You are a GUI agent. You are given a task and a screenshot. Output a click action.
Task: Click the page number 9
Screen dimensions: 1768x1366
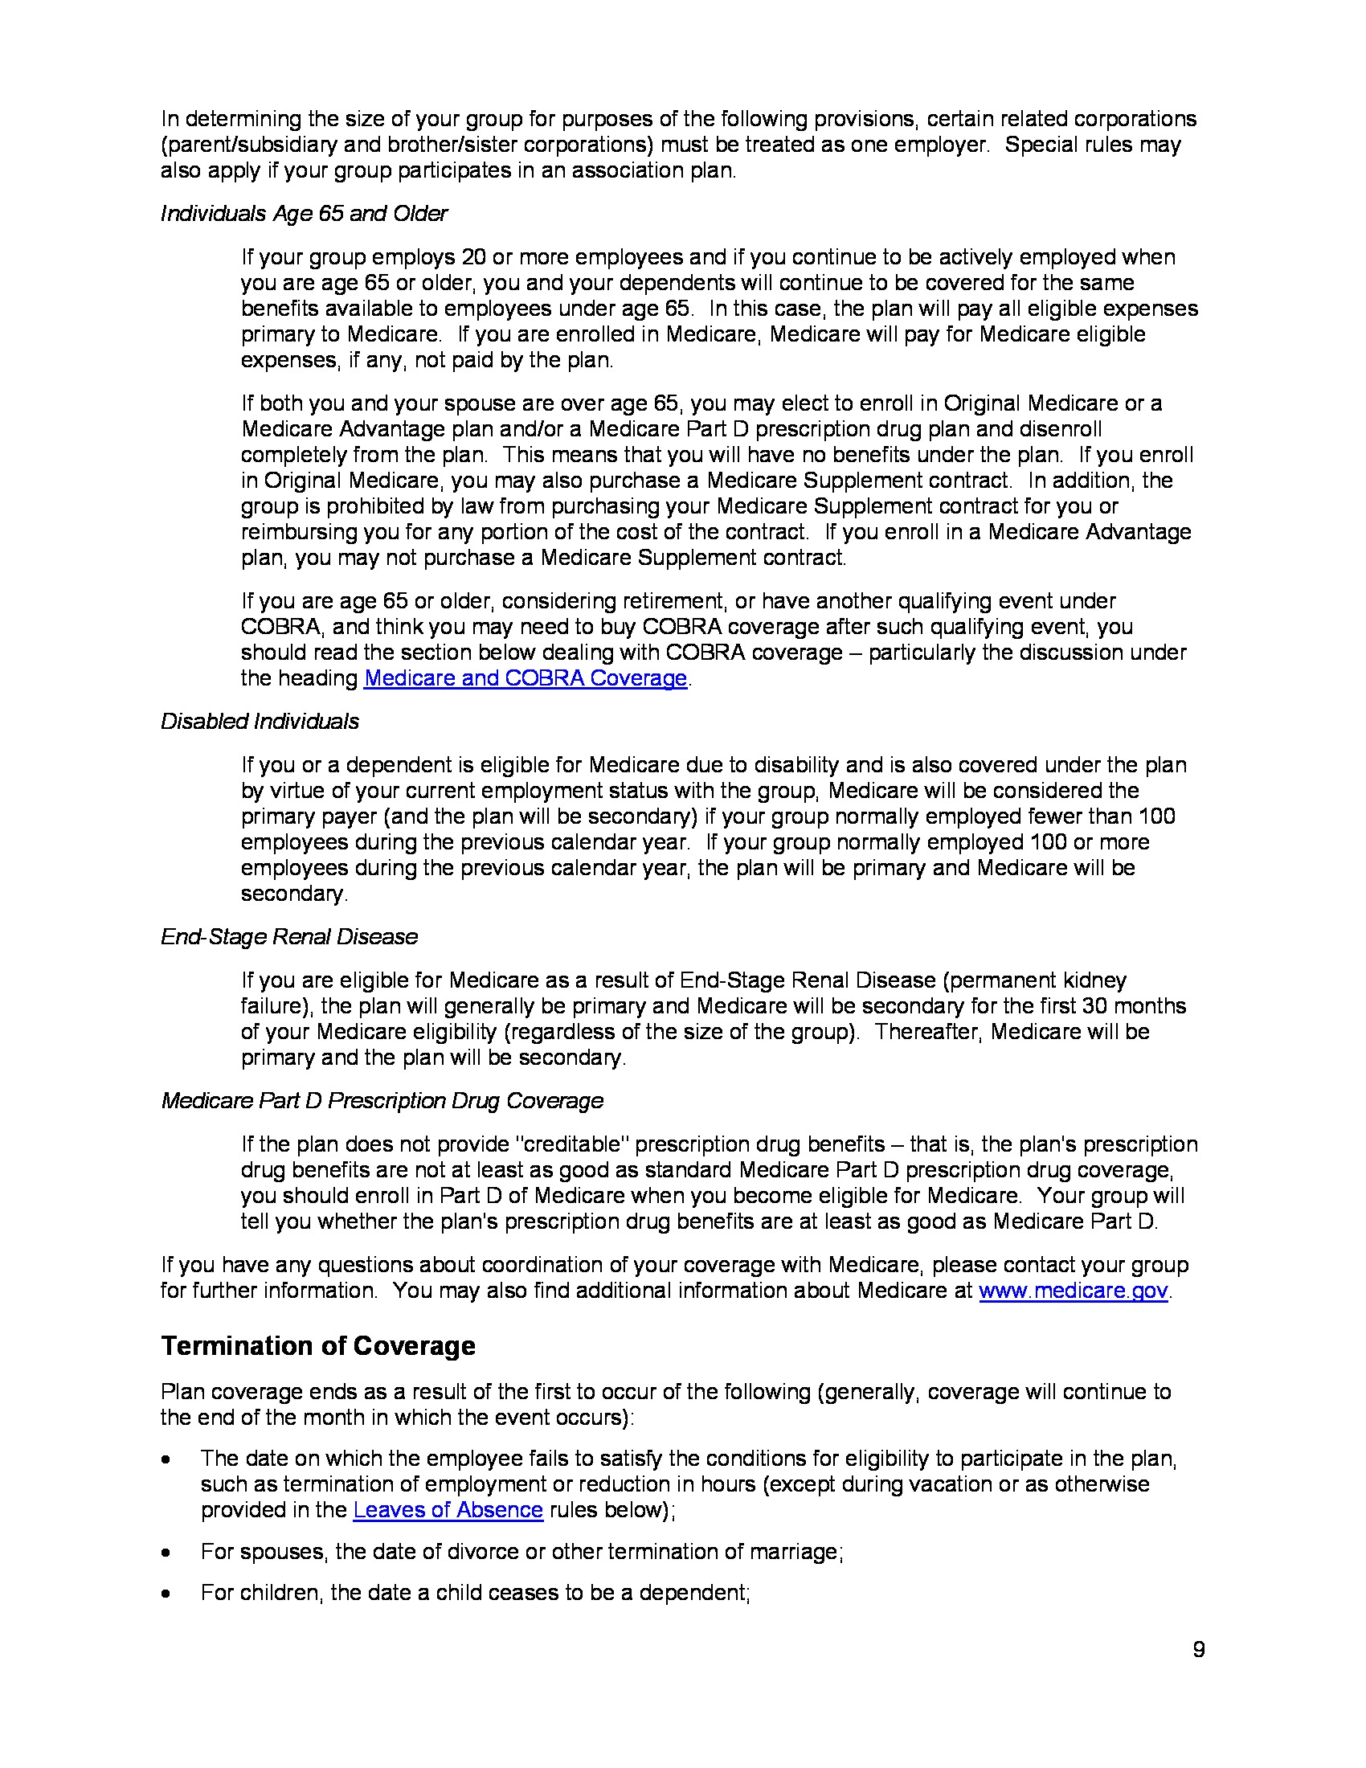(x=1199, y=1649)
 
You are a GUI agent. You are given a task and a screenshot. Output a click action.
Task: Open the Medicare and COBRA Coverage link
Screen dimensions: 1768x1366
(x=526, y=677)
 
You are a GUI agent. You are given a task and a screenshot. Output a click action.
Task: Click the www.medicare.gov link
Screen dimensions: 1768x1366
(x=1073, y=1291)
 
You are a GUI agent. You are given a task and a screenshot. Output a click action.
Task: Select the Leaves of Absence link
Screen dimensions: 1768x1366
(x=448, y=1510)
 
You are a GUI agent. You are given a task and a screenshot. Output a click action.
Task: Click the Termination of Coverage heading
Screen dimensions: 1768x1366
(x=318, y=1345)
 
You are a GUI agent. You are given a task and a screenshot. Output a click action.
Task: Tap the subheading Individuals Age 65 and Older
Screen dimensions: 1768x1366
(x=304, y=214)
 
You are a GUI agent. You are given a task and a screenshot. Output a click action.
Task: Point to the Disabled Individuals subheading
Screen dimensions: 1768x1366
(x=260, y=722)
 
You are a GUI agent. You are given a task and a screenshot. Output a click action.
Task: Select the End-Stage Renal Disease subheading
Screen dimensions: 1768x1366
(x=289, y=936)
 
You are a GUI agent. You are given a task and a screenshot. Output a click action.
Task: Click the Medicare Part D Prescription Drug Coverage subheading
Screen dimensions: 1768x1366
(x=382, y=1101)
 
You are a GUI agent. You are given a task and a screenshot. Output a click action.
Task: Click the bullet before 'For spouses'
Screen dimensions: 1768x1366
(x=166, y=1553)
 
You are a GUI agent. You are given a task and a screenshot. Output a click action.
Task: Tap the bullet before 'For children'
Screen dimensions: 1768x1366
(x=166, y=1594)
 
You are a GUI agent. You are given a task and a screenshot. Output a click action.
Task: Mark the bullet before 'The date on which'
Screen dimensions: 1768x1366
(x=166, y=1459)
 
